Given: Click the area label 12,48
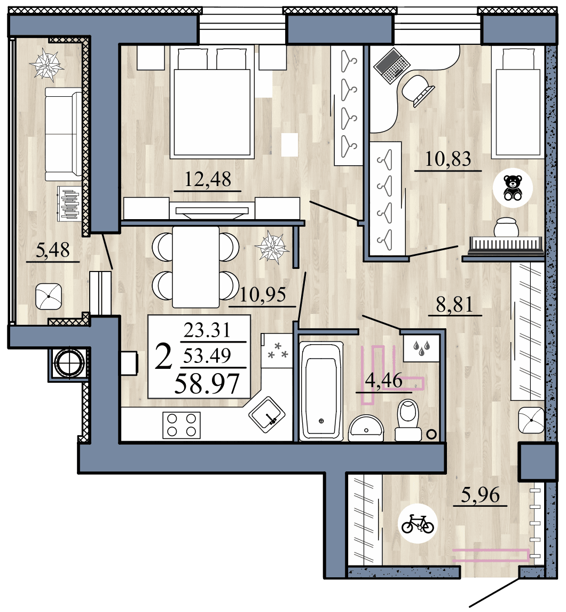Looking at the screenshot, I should click(x=208, y=179).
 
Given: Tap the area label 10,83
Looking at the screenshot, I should click(x=449, y=159).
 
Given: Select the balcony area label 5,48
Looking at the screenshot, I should click(x=52, y=250).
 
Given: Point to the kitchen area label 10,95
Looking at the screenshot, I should click(x=263, y=295).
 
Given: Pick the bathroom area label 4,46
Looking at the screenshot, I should click(x=383, y=381).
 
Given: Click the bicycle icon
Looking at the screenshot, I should click(x=418, y=523).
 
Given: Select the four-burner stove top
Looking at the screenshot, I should click(x=181, y=425).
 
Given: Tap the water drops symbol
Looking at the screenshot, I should click(x=422, y=348).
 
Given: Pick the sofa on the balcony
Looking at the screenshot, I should click(x=63, y=134).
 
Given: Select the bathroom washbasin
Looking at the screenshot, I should click(x=366, y=427).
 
